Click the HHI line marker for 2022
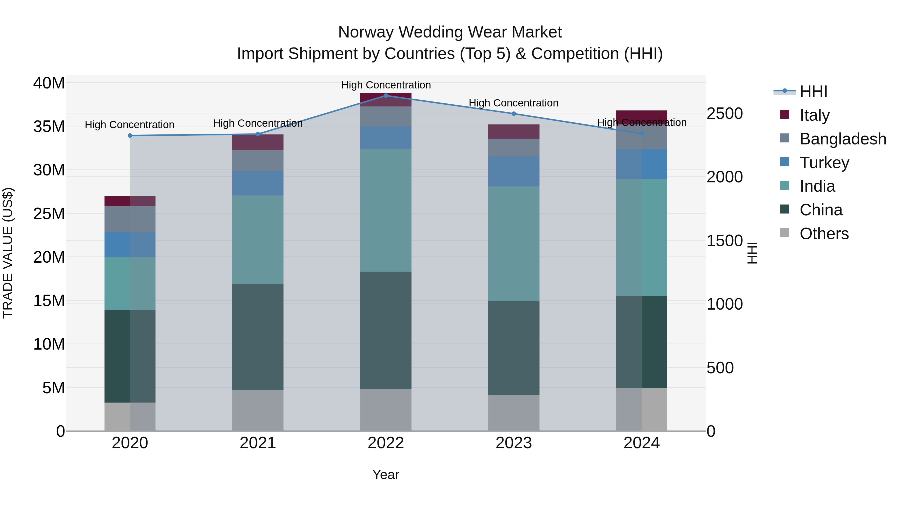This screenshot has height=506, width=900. [386, 95]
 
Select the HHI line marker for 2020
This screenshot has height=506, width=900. [130, 135]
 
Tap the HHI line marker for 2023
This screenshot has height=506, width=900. [513, 113]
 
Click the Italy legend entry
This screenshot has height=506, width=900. [814, 115]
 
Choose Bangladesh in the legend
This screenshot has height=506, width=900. [842, 139]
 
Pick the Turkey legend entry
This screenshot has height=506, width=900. [824, 162]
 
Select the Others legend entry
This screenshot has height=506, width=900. [824, 234]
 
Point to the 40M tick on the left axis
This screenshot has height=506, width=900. [49, 83]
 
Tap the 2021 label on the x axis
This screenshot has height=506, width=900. [258, 443]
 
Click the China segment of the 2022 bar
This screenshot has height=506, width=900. [386, 330]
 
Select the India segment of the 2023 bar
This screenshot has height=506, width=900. [513, 243]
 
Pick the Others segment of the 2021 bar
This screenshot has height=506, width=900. [258, 410]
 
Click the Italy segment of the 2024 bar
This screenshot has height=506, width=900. [641, 117]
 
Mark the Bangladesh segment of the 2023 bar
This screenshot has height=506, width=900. [513, 147]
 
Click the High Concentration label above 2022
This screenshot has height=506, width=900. [386, 85]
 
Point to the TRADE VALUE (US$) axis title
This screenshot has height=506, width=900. [8, 253]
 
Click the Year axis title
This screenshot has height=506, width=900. [386, 475]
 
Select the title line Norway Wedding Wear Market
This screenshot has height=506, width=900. [450, 32]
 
